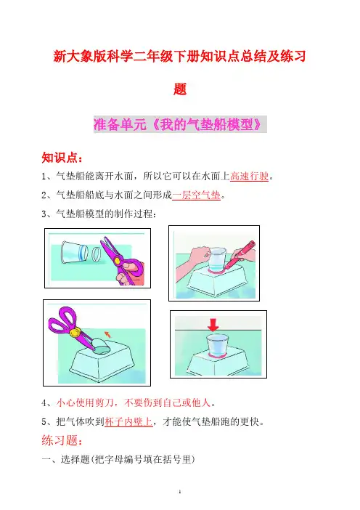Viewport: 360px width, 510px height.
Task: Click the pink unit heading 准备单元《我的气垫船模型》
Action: pos(180,124)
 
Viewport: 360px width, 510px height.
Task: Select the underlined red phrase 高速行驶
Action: pos(249,177)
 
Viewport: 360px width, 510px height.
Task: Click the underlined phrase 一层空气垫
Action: pos(196,195)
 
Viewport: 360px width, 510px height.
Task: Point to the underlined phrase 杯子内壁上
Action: pos(128,422)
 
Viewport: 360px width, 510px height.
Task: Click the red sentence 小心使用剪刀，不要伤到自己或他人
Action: pos(134,403)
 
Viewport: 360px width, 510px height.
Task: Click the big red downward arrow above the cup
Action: pos(213,325)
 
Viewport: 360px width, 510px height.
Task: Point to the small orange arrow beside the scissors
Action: pos(107,334)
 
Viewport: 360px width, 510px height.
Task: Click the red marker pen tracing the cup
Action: pos(240,254)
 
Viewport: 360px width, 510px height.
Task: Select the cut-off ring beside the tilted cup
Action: pos(96,254)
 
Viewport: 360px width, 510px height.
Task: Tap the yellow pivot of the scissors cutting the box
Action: pos(75,333)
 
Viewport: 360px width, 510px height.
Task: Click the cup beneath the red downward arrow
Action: pos(217,345)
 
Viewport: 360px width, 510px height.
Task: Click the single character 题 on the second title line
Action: pos(180,89)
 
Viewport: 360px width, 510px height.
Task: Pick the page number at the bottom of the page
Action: pos(180,492)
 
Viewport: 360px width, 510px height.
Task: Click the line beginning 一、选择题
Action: pos(118,459)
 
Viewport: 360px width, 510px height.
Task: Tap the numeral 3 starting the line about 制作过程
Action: pos(44,214)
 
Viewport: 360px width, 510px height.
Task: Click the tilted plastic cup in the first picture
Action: pos(74,251)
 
